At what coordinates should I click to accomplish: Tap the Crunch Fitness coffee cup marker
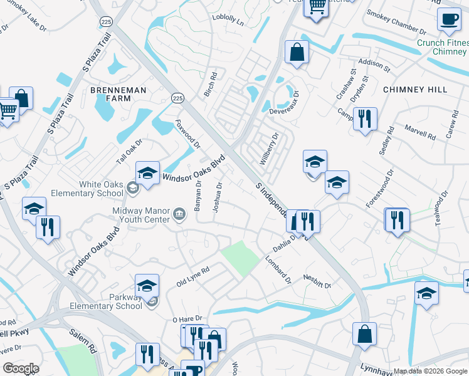click(x=448, y=20)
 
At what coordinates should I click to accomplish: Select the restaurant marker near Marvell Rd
click(x=365, y=119)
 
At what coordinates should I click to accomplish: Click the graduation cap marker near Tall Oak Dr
click(x=147, y=174)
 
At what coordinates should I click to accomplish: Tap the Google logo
click(x=21, y=368)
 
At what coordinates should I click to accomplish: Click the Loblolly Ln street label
click(x=228, y=20)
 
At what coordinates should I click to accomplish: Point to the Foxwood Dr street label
click(x=187, y=135)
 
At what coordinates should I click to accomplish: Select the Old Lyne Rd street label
click(x=192, y=276)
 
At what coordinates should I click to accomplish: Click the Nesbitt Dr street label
click(x=317, y=281)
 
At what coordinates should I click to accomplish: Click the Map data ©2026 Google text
click(x=429, y=371)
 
